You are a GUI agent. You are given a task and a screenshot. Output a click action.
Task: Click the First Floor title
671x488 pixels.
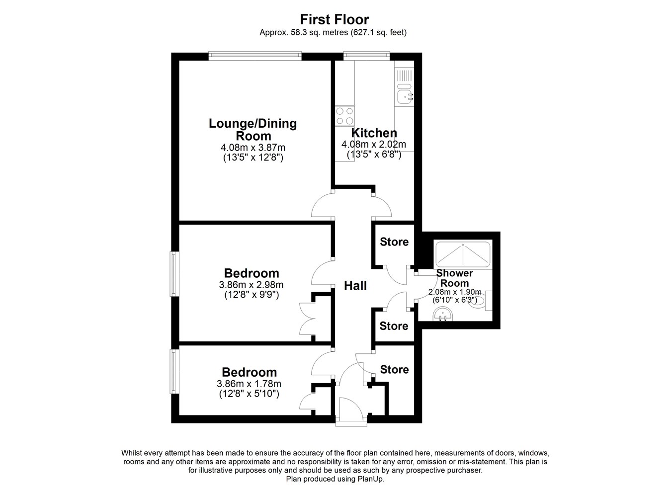335,19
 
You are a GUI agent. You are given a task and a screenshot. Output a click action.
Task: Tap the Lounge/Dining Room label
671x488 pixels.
253,129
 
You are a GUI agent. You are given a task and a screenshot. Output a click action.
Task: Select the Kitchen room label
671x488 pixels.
374,133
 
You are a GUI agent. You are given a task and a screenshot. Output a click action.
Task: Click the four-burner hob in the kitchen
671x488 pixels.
345,116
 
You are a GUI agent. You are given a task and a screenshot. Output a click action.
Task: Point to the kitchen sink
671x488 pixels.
405,96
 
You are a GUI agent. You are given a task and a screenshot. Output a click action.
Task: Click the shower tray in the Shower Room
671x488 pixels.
463,254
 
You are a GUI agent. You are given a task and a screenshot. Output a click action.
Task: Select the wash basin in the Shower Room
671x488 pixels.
443,315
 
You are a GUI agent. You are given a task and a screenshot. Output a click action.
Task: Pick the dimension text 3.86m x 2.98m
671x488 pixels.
251,284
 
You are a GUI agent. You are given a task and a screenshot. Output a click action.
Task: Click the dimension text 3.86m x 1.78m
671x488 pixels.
249,384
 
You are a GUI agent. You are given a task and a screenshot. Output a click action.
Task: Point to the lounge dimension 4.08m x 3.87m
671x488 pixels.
253,148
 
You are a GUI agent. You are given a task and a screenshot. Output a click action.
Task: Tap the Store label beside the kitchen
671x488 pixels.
394,242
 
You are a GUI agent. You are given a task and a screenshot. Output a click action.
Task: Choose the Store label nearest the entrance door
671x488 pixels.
395,369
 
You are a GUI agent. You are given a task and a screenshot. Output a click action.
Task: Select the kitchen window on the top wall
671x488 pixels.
367,55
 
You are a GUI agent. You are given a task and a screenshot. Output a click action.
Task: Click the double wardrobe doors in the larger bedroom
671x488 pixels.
307,319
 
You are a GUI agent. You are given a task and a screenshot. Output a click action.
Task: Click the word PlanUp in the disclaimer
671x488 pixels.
371,479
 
